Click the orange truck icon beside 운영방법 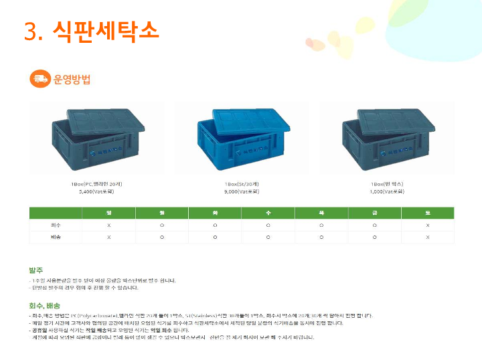pos(40,79)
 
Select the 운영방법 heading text pos(72,80)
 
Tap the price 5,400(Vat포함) pos(96,191)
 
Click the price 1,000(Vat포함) pos(387,191)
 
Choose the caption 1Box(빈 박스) pos(387,183)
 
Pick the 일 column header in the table pos(108,213)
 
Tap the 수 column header pos(268,213)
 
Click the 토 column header pos(427,213)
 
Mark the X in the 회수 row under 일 pos(108,226)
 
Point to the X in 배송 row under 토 pos(427,238)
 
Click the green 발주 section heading pos(36,270)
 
